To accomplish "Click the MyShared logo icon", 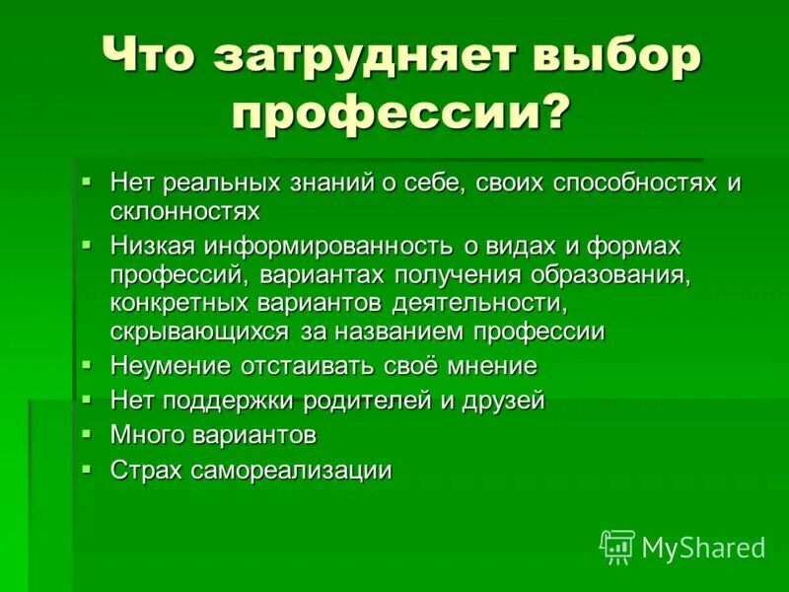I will (617, 547).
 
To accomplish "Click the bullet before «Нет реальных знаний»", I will (87, 181).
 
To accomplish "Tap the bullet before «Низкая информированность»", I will (87, 242).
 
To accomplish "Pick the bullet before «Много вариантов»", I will (87, 431).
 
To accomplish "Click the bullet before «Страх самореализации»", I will (87, 467).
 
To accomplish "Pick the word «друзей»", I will (504, 401).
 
